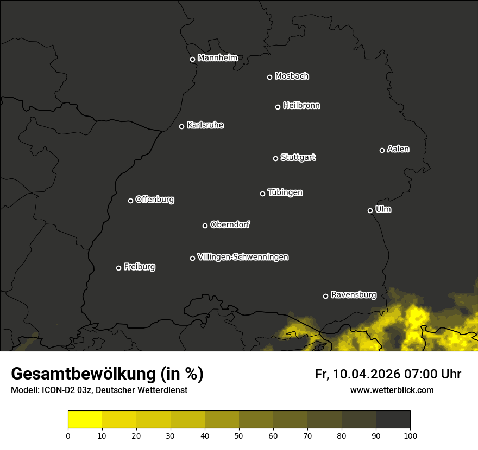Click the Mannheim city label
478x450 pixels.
217,58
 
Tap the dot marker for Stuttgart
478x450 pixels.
275,158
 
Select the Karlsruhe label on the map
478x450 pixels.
205,125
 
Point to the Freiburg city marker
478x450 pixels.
118,268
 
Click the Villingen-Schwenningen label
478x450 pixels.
243,257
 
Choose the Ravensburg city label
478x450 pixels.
353,295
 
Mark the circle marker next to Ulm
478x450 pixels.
370,210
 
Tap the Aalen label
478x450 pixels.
398,149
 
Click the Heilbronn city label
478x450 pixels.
301,106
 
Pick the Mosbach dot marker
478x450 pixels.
269,77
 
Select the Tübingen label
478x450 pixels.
285,192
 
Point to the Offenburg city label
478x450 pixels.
155,200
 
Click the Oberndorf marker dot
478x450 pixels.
205,226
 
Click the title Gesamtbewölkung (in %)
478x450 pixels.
108,374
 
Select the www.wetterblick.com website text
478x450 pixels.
392,390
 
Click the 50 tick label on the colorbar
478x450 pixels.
239,435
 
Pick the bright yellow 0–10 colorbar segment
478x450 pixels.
85,419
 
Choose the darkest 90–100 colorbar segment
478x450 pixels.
393,419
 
